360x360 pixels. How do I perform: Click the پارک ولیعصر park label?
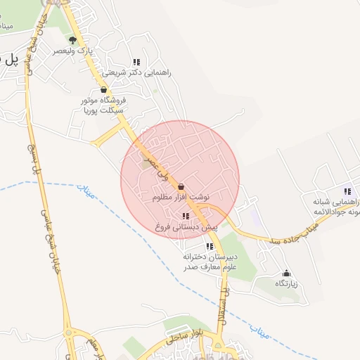(x=74, y=51)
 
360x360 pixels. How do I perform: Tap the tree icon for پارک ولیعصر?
(x=72, y=39)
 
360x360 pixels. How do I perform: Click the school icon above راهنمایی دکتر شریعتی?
(x=136, y=62)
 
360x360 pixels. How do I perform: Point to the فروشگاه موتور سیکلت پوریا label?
(x=102, y=105)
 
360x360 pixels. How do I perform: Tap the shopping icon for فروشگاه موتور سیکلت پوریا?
(x=104, y=90)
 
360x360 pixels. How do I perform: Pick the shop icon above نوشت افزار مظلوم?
(x=182, y=187)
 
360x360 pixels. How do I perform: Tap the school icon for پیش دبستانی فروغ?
(x=186, y=217)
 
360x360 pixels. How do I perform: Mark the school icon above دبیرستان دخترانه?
(x=210, y=247)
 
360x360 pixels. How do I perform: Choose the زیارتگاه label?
(x=286, y=283)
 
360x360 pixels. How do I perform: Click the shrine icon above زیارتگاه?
(x=286, y=273)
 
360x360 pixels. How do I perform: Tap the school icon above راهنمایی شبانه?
(x=347, y=191)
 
